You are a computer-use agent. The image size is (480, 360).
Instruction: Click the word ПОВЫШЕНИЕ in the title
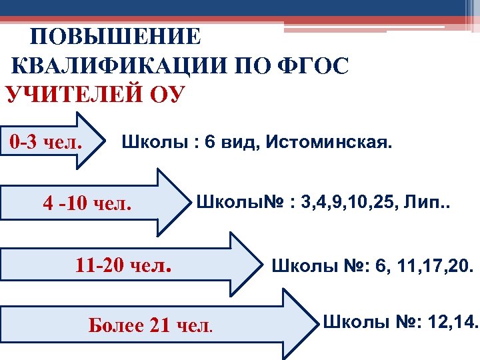pos(115,37)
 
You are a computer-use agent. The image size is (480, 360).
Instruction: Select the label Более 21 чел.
pos(151,326)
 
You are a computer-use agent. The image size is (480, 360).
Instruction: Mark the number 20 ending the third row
pos(460,269)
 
